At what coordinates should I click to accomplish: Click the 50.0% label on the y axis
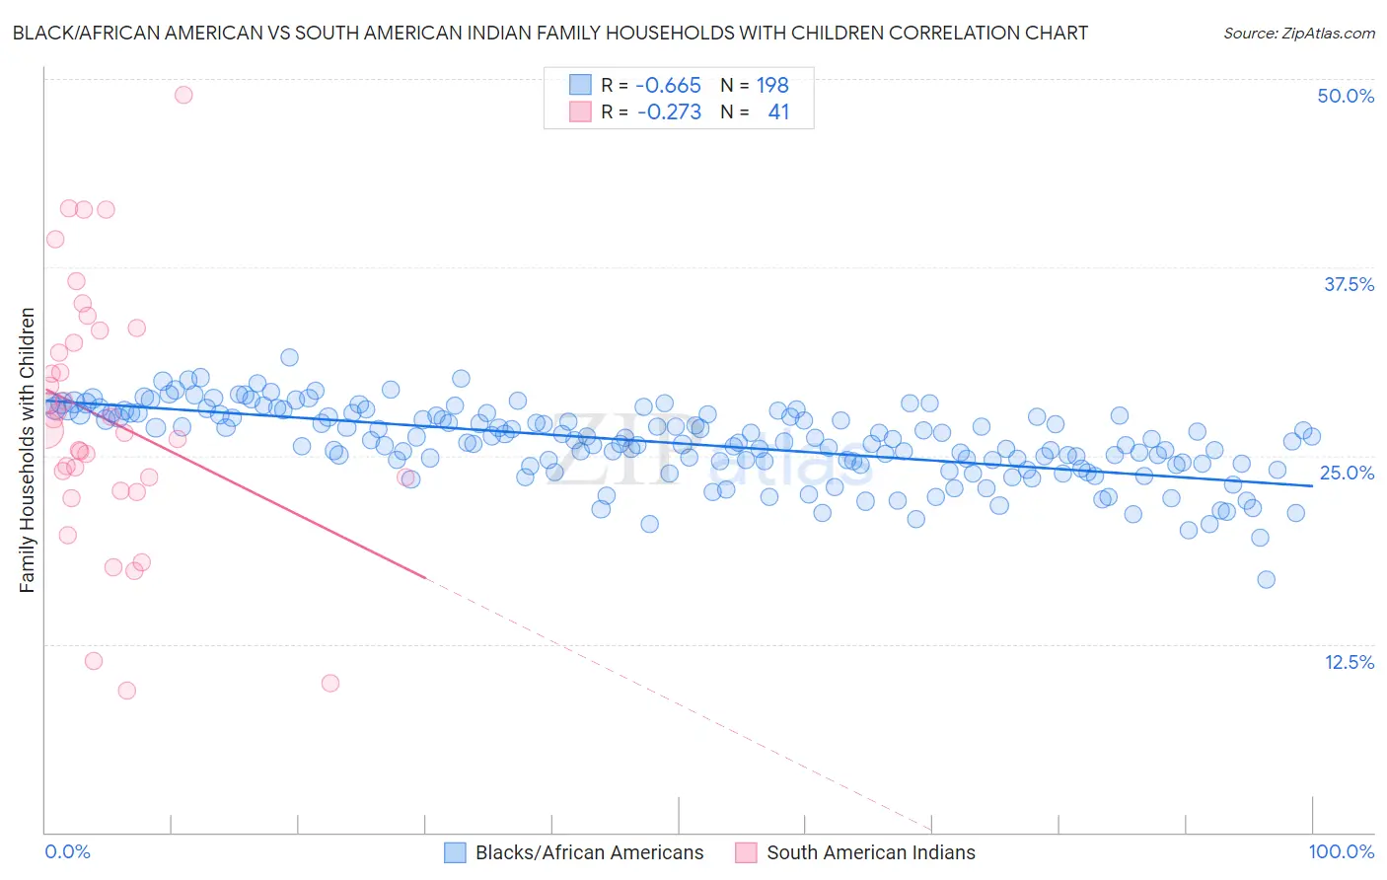[1346, 96]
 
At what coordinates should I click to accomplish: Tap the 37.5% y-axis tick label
[1349, 284]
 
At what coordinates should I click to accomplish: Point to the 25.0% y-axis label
[1347, 473]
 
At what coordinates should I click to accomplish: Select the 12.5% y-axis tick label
[1349, 662]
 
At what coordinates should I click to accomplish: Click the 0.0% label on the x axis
[67, 851]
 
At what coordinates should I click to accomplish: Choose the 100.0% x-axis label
[1341, 851]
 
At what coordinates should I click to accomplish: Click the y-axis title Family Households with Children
[27, 450]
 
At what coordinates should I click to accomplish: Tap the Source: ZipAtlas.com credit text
[1298, 33]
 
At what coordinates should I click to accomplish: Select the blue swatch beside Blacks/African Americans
[455, 852]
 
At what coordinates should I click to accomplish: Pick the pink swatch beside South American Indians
[746, 852]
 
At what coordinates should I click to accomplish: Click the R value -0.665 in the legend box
[668, 85]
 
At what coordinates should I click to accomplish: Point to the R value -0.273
[669, 111]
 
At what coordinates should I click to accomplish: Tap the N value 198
[772, 85]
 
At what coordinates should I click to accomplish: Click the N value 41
[778, 111]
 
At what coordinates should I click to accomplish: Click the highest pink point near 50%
[183, 95]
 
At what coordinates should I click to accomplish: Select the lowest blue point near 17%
[1267, 579]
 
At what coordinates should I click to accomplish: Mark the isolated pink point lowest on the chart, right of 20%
[330, 683]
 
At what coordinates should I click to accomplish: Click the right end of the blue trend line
[1312, 485]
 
